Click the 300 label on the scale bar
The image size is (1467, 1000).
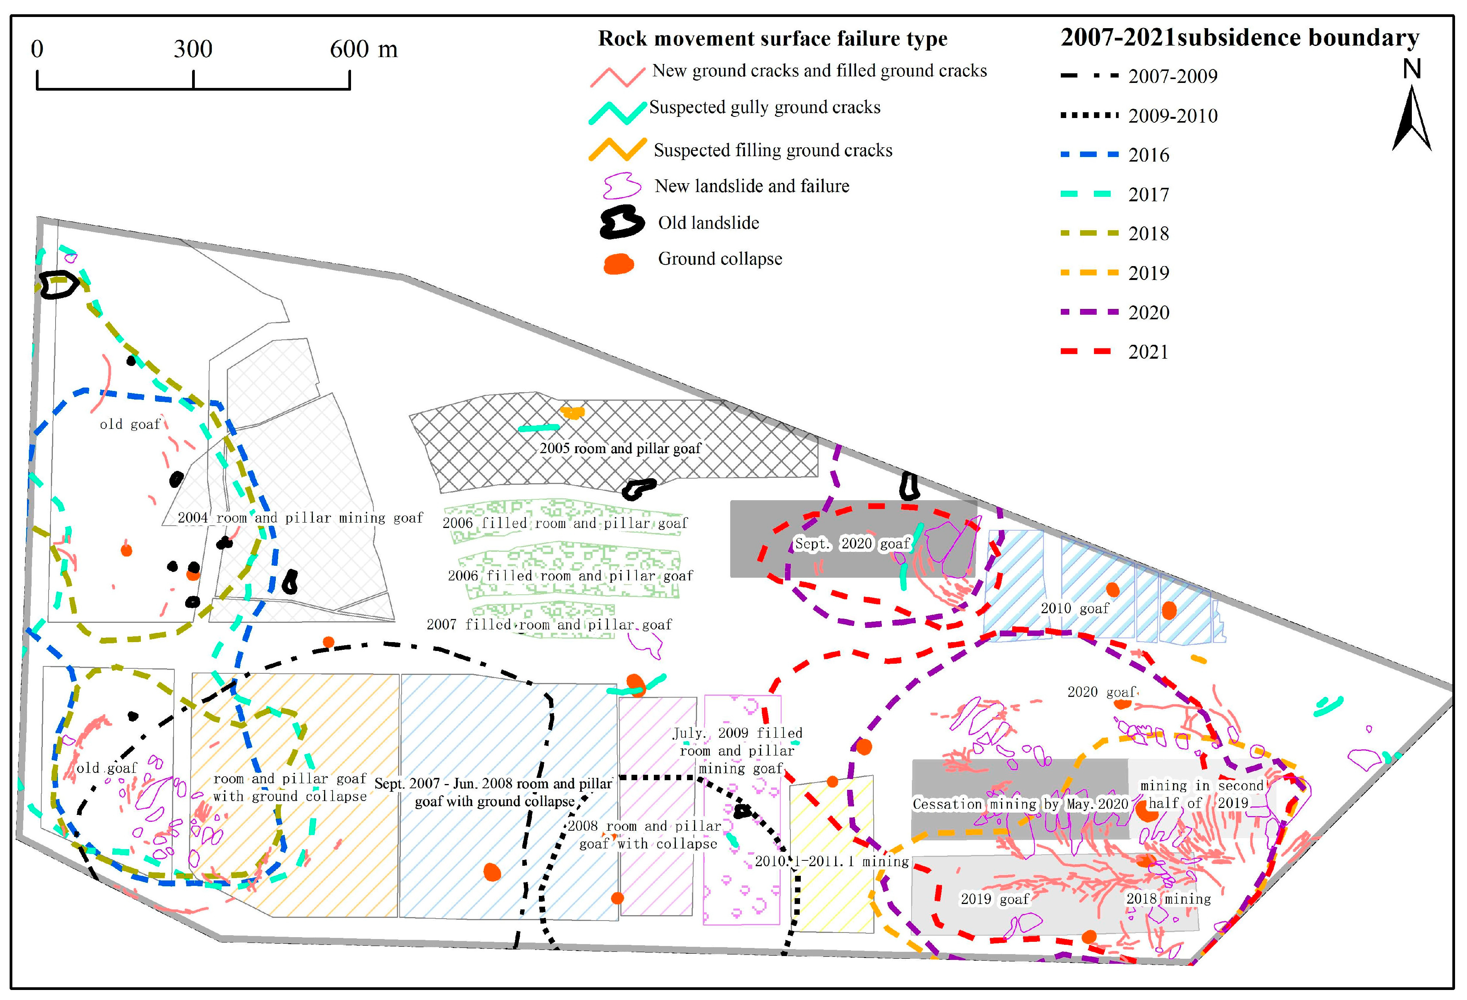coord(193,49)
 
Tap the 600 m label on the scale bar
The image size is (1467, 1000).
coord(364,49)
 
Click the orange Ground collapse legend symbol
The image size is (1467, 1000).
coord(619,263)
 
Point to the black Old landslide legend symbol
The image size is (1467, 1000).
coord(622,223)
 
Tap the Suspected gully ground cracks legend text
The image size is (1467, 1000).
coord(765,107)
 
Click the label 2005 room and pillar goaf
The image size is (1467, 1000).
coord(620,449)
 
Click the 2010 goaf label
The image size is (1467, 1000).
coord(1074,608)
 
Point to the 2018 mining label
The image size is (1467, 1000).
coord(1168,899)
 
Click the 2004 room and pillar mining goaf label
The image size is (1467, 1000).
coord(300,518)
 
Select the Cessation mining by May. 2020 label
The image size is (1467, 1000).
coord(1020,804)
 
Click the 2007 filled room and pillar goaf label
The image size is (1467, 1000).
coord(549,625)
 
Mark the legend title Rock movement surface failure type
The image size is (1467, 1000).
coord(773,39)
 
